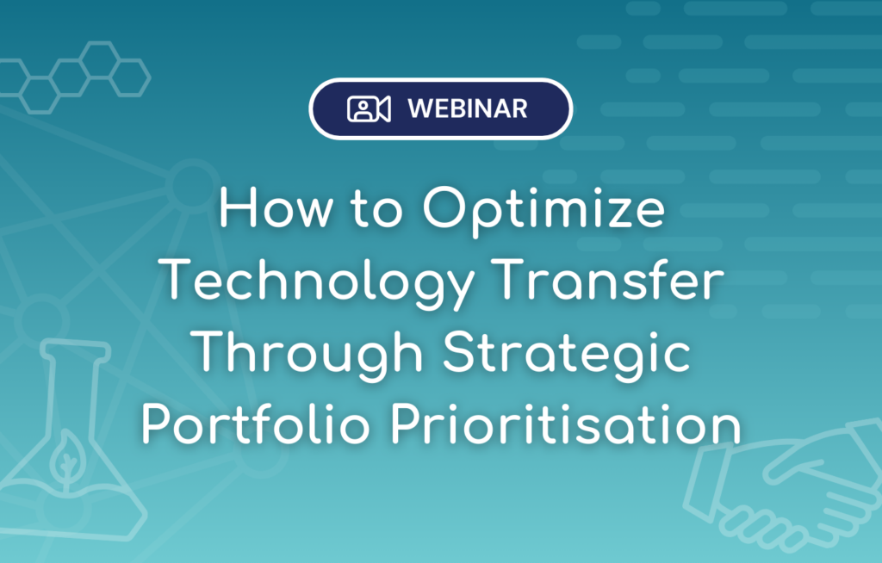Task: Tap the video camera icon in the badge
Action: click(369, 109)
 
